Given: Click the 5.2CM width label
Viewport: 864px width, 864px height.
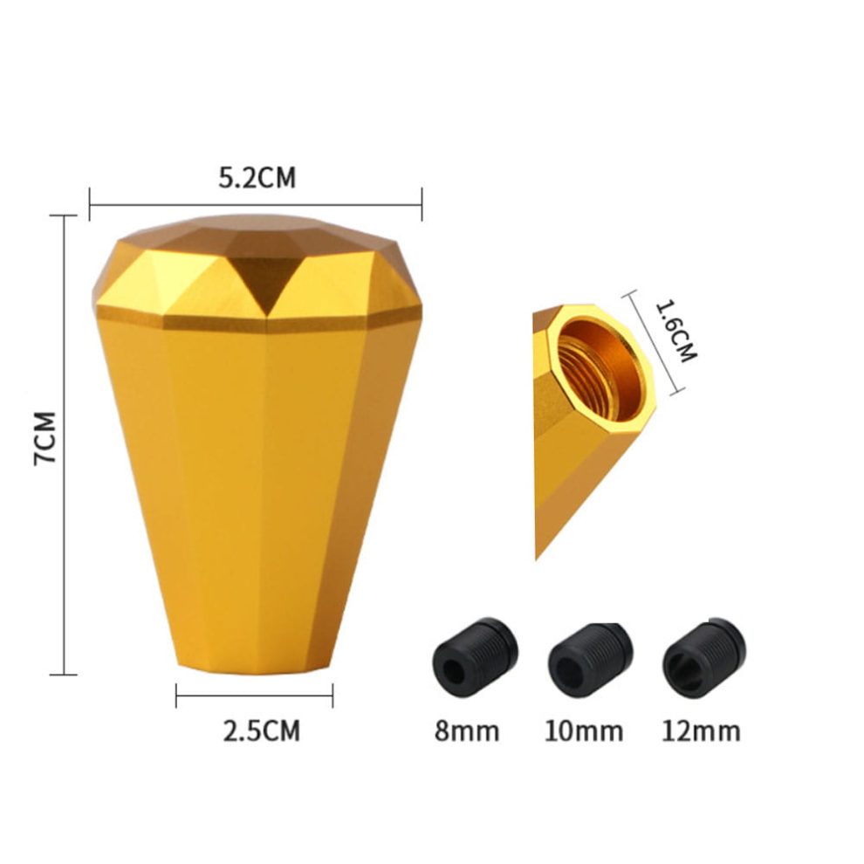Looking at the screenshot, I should [x=257, y=178].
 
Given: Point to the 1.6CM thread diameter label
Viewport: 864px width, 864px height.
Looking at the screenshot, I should [x=675, y=332].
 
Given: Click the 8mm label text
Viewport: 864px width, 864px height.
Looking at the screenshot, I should [x=467, y=730].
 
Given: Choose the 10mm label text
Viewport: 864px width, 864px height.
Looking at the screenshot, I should [x=585, y=730].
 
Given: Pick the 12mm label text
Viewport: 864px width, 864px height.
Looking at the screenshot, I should [x=701, y=730].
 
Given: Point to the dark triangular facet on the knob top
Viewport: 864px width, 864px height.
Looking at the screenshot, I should [x=264, y=278].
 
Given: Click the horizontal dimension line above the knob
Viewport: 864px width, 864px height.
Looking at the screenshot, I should [x=256, y=206].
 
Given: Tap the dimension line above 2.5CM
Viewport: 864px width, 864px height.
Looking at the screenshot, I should [x=254, y=695].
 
